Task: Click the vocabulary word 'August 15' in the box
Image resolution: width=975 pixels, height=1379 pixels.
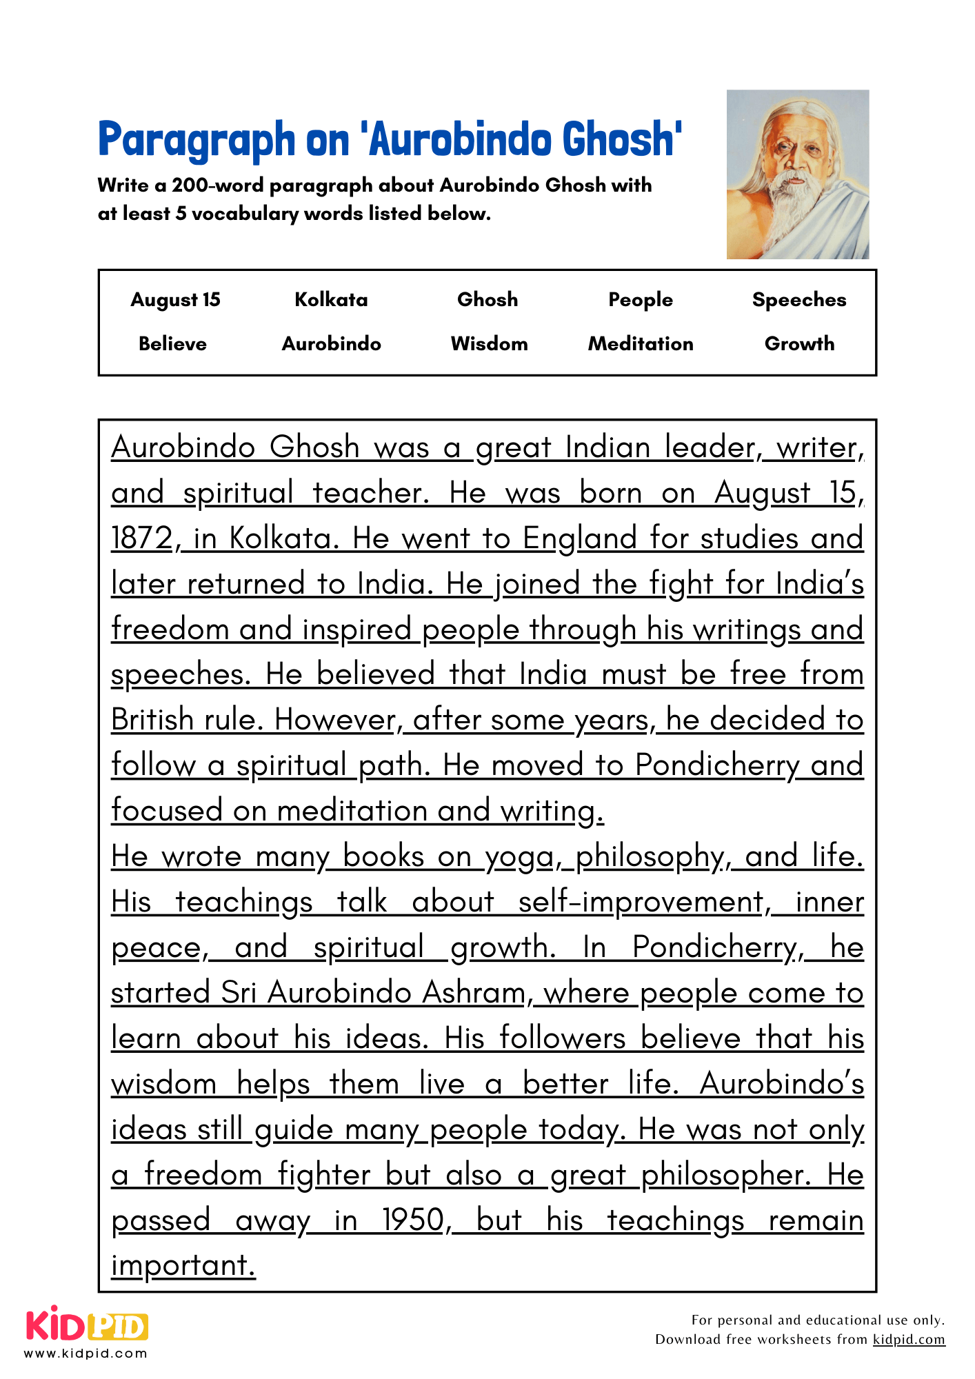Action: coord(175,300)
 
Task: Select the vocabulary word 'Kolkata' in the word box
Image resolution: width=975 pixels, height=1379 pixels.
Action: coord(331,300)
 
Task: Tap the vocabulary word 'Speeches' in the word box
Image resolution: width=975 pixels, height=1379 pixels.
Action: coord(798,300)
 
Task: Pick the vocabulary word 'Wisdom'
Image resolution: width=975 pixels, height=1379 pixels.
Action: coord(489,343)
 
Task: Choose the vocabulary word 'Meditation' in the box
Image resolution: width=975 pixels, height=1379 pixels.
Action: coord(640,343)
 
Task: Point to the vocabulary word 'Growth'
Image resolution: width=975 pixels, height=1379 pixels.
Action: coord(799,343)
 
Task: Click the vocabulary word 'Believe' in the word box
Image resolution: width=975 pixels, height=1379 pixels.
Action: coord(172,343)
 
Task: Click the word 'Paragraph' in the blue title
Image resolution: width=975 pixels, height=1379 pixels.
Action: coord(197,140)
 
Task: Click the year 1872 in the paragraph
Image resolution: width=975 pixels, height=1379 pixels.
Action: coord(141,538)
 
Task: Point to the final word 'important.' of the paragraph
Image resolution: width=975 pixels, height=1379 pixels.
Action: coord(183,1266)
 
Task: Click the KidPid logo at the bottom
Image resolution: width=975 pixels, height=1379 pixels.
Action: coord(87,1326)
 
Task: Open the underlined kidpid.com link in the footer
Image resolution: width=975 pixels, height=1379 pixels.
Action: coord(908,1340)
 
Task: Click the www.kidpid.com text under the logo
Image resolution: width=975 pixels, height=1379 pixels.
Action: coord(86,1353)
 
